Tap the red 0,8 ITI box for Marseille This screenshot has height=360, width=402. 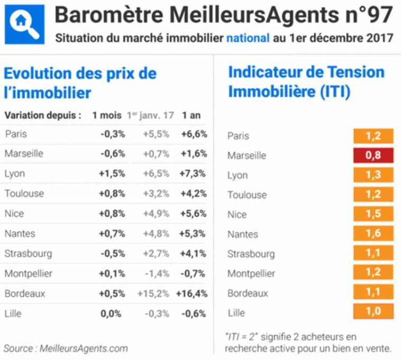[x=374, y=155]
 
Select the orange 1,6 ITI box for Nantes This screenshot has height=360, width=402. [x=374, y=234]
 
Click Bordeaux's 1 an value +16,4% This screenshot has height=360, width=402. [x=194, y=293]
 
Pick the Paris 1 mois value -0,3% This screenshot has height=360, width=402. [x=113, y=134]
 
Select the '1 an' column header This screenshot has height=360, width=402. [x=191, y=115]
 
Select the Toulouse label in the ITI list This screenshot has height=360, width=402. [x=247, y=195]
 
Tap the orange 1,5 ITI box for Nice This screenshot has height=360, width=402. [x=374, y=215]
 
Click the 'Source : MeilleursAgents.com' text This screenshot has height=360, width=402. [x=66, y=348]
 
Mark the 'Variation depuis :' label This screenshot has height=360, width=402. [x=43, y=115]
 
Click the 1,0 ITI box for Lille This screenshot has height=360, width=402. [x=374, y=312]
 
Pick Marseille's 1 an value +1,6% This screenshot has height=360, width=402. [x=194, y=154]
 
